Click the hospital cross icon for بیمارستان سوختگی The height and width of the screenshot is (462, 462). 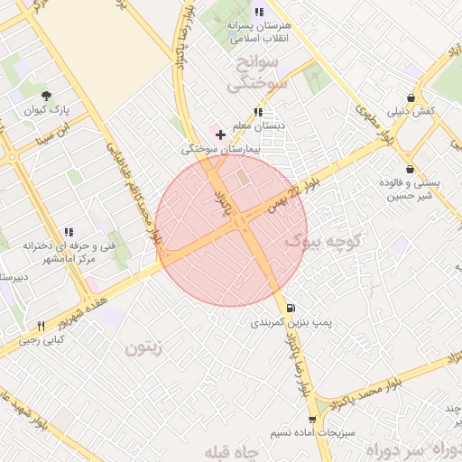pyautogui.click(x=220, y=134)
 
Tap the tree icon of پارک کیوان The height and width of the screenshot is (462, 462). pyautogui.click(x=47, y=96)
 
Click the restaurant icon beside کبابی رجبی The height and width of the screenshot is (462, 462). pyautogui.click(x=41, y=326)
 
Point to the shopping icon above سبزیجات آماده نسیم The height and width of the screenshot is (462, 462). pyautogui.click(x=312, y=420)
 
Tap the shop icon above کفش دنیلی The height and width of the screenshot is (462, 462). pyautogui.click(x=411, y=98)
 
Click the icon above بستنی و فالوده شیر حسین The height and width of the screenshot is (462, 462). pyautogui.click(x=410, y=169)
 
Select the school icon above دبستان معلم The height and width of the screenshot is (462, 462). pyautogui.click(x=258, y=113)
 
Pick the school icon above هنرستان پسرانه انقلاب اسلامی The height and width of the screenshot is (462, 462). pyautogui.click(x=259, y=13)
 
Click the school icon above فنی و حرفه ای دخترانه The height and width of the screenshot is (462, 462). pyautogui.click(x=69, y=233)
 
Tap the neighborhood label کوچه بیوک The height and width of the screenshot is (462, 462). pyautogui.click(x=323, y=241)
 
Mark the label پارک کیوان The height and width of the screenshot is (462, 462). pyautogui.click(x=48, y=112)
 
